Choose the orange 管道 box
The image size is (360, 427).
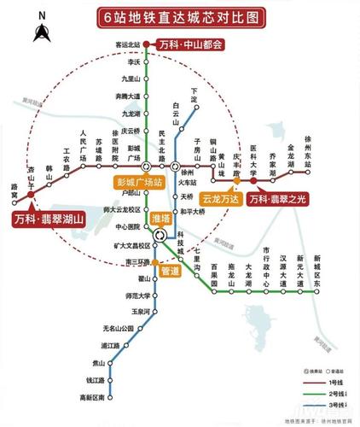pyautogui.click(x=169, y=271)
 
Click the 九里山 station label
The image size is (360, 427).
pyautogui.click(x=130, y=79)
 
